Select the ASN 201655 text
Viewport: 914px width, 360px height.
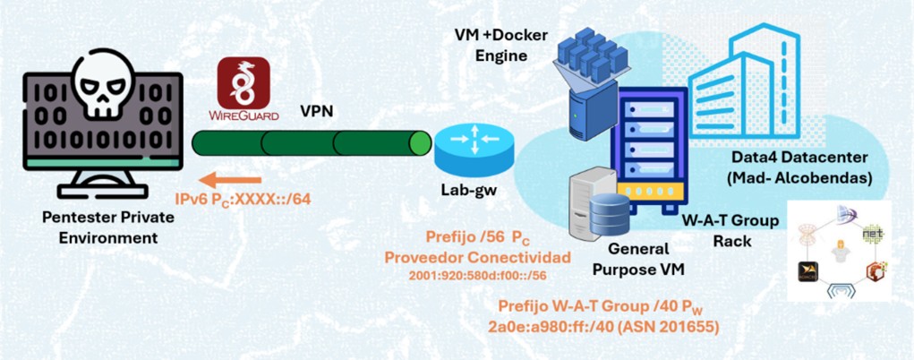tap(679, 327)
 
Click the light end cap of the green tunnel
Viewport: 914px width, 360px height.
tap(418, 143)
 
